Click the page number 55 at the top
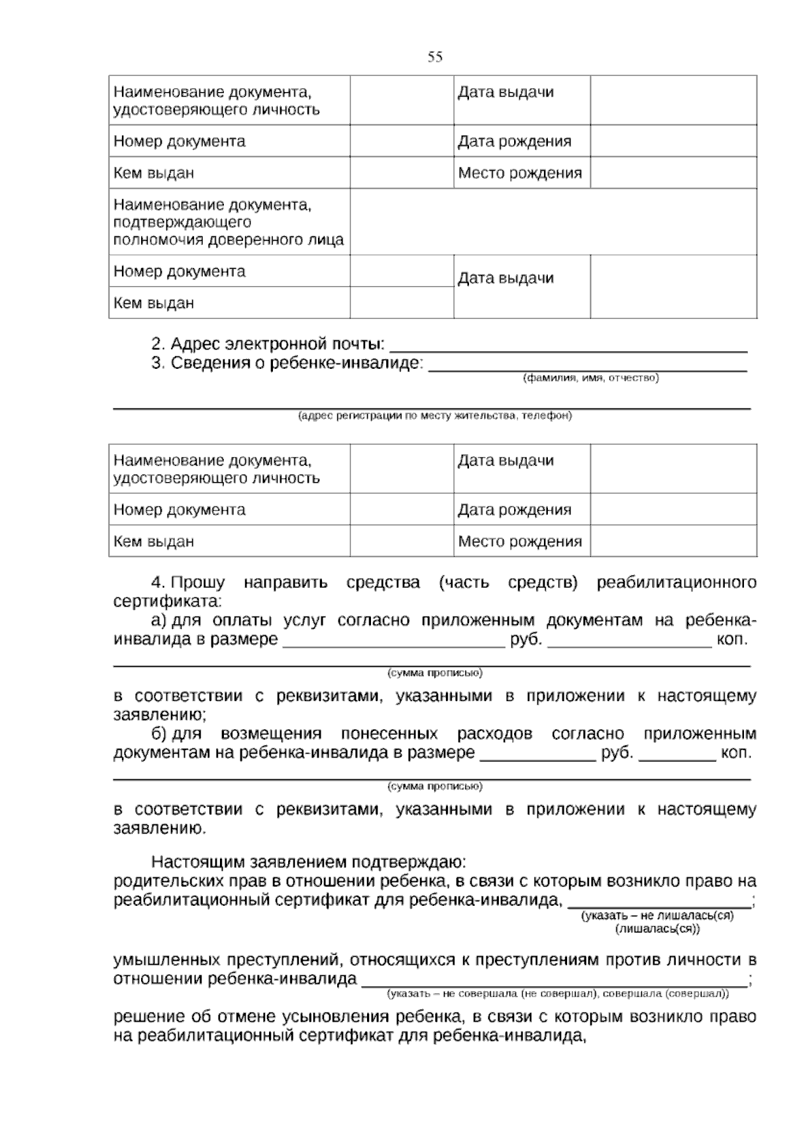click(x=435, y=57)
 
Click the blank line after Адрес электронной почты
click(x=568, y=346)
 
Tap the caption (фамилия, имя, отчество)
click(x=590, y=378)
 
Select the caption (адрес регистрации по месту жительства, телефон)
click(x=434, y=416)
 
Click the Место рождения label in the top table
click(x=519, y=173)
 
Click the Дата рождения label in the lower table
click(x=514, y=510)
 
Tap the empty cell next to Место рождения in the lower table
click(x=673, y=542)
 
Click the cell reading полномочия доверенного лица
click(x=229, y=239)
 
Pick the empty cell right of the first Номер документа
click(x=401, y=141)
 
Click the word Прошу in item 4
click(x=198, y=583)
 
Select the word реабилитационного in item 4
click(x=676, y=583)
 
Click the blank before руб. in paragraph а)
click(x=394, y=641)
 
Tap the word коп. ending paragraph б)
click(x=735, y=754)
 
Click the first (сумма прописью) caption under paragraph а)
click(x=435, y=673)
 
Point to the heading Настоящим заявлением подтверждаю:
click(x=309, y=862)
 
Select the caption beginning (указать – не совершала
click(x=557, y=994)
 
